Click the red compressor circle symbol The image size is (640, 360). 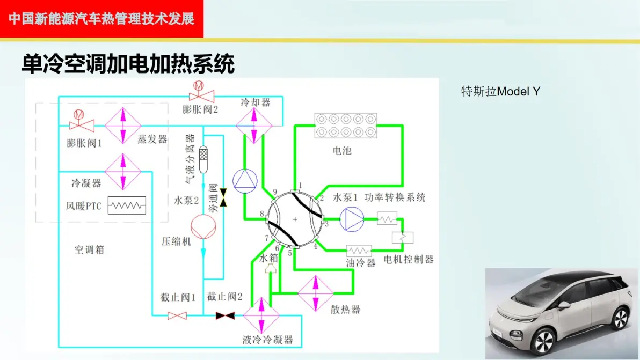pos(203,227)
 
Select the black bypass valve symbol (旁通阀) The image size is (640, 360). pos(223,197)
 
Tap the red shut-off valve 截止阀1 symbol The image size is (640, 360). pos(177,315)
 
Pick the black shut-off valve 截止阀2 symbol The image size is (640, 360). pos(225,315)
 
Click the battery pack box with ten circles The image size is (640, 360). pos(346,126)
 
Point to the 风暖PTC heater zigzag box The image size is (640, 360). pos(127,205)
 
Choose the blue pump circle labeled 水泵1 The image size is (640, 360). pos(352,219)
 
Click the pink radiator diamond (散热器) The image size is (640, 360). pos(316,293)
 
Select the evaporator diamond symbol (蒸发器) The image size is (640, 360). pos(123,126)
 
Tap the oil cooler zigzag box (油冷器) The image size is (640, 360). pos(359,251)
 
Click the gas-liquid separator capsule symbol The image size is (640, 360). pos(203,159)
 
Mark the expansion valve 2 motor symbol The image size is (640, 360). pos(199,86)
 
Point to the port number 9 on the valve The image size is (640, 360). pos(275,192)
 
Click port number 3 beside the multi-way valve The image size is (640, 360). pos(326,224)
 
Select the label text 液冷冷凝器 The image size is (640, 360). pos(268,340)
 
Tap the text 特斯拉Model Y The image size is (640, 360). pos(501,91)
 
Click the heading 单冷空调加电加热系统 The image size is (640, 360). pos(128,64)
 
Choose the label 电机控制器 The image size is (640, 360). pos(409,259)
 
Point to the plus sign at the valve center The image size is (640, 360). pos(295,219)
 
